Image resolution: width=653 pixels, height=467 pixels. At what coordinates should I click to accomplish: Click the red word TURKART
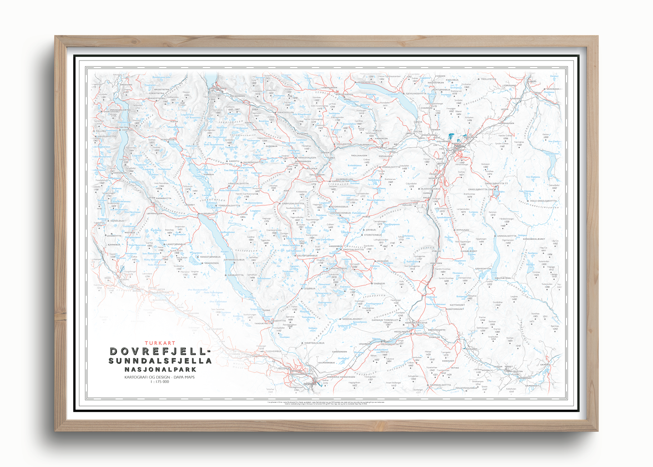click(x=160, y=343)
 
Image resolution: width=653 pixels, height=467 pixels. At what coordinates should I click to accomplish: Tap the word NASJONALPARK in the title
click(x=160, y=369)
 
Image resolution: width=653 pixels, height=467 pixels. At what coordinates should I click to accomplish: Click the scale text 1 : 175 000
click(x=160, y=382)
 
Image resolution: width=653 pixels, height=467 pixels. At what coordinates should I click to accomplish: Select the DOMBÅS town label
click(x=311, y=384)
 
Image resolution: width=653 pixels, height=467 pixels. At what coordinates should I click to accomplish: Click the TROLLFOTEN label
click(x=488, y=79)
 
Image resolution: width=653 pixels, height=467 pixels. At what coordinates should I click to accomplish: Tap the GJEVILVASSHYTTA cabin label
click(x=416, y=94)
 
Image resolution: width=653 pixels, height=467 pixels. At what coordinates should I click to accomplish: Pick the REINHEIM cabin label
click(x=383, y=261)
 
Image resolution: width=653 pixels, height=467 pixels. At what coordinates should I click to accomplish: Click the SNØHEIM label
click(x=379, y=283)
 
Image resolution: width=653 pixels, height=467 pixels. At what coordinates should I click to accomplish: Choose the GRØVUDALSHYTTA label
click(x=293, y=203)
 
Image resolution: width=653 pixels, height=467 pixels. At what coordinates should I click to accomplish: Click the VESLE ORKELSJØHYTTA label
click(x=543, y=201)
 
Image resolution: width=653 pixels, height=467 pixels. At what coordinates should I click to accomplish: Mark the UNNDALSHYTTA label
click(x=507, y=236)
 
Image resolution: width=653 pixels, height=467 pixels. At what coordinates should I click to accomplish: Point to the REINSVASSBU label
click(x=169, y=140)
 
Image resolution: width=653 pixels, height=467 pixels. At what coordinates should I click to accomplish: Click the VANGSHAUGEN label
click(x=307, y=158)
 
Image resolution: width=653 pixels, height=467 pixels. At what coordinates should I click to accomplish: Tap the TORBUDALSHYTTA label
click(x=229, y=205)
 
